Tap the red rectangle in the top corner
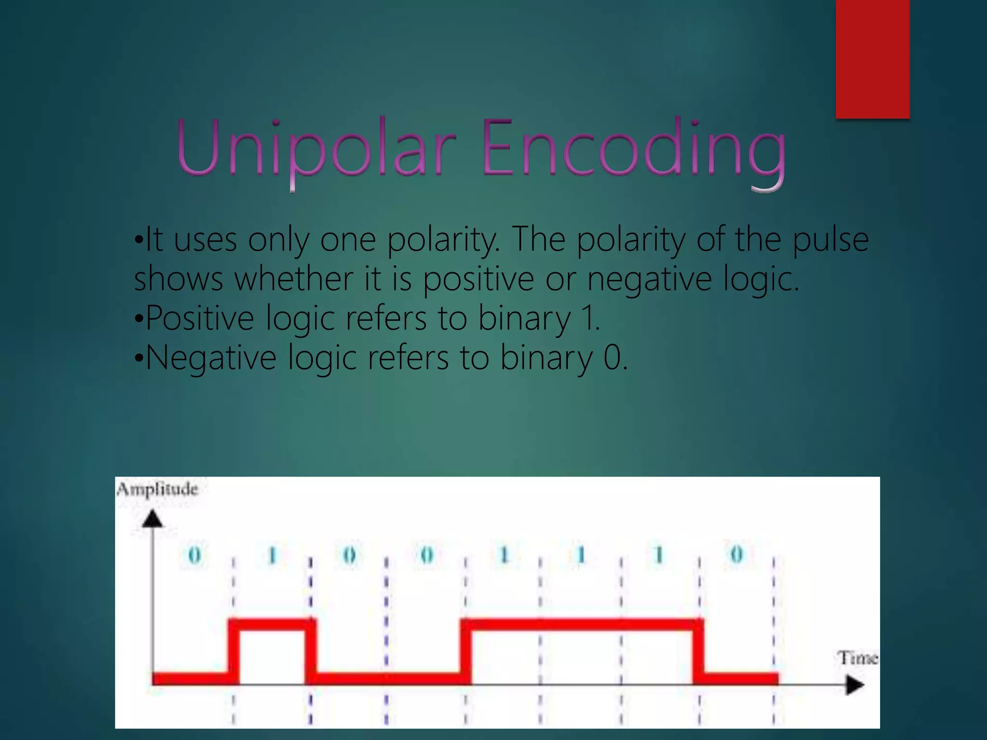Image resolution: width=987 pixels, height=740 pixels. click(872, 59)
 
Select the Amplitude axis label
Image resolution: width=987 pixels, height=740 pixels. click(158, 489)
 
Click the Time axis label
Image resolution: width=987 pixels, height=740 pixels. click(858, 658)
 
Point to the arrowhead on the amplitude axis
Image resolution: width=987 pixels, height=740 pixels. click(153, 519)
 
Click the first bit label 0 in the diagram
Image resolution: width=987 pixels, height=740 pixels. click(194, 555)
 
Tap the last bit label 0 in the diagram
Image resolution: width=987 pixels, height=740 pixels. click(736, 555)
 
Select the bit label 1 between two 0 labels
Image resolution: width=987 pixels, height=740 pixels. click(272, 555)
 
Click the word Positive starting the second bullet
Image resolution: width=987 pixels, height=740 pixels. click(200, 318)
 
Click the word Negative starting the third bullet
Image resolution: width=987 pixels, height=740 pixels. click(211, 358)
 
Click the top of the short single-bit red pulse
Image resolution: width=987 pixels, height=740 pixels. click(272, 624)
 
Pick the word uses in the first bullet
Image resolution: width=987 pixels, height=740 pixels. click(205, 240)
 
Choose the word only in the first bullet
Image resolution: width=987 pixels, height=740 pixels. click(279, 240)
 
